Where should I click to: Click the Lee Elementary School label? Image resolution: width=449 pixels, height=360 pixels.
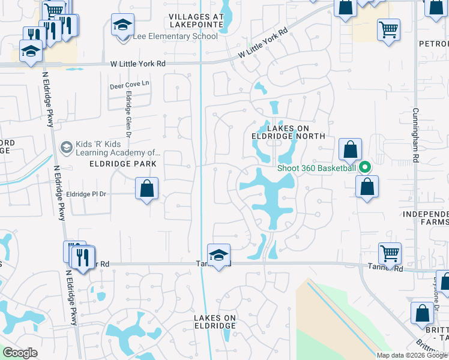pyautogui.click(x=175, y=37)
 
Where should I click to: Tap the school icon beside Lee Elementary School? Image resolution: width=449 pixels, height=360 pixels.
pyautogui.click(x=122, y=26)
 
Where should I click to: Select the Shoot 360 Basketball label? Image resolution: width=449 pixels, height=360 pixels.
pyautogui.click(x=316, y=168)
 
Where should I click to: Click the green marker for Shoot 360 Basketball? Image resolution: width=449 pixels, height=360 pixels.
pyautogui.click(x=364, y=167)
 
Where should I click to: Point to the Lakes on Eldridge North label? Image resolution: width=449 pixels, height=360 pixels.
pyautogui.click(x=288, y=132)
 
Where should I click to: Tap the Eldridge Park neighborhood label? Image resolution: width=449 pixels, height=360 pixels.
pyautogui.click(x=122, y=164)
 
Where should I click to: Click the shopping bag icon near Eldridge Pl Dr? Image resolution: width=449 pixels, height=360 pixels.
pyautogui.click(x=146, y=190)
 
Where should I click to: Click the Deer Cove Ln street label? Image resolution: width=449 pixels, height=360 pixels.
pyautogui.click(x=129, y=85)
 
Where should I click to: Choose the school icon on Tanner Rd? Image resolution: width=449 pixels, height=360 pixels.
pyautogui.click(x=219, y=256)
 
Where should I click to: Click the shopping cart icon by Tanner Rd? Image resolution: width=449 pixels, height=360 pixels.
pyautogui.click(x=390, y=254)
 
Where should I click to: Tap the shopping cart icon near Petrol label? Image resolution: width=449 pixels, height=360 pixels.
pyautogui.click(x=388, y=29)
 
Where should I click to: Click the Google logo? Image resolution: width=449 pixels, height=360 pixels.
pyautogui.click(x=20, y=353)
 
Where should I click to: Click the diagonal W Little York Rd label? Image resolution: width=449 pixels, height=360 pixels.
pyautogui.click(x=262, y=44)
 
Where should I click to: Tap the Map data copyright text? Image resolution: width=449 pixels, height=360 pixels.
pyautogui.click(x=412, y=355)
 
